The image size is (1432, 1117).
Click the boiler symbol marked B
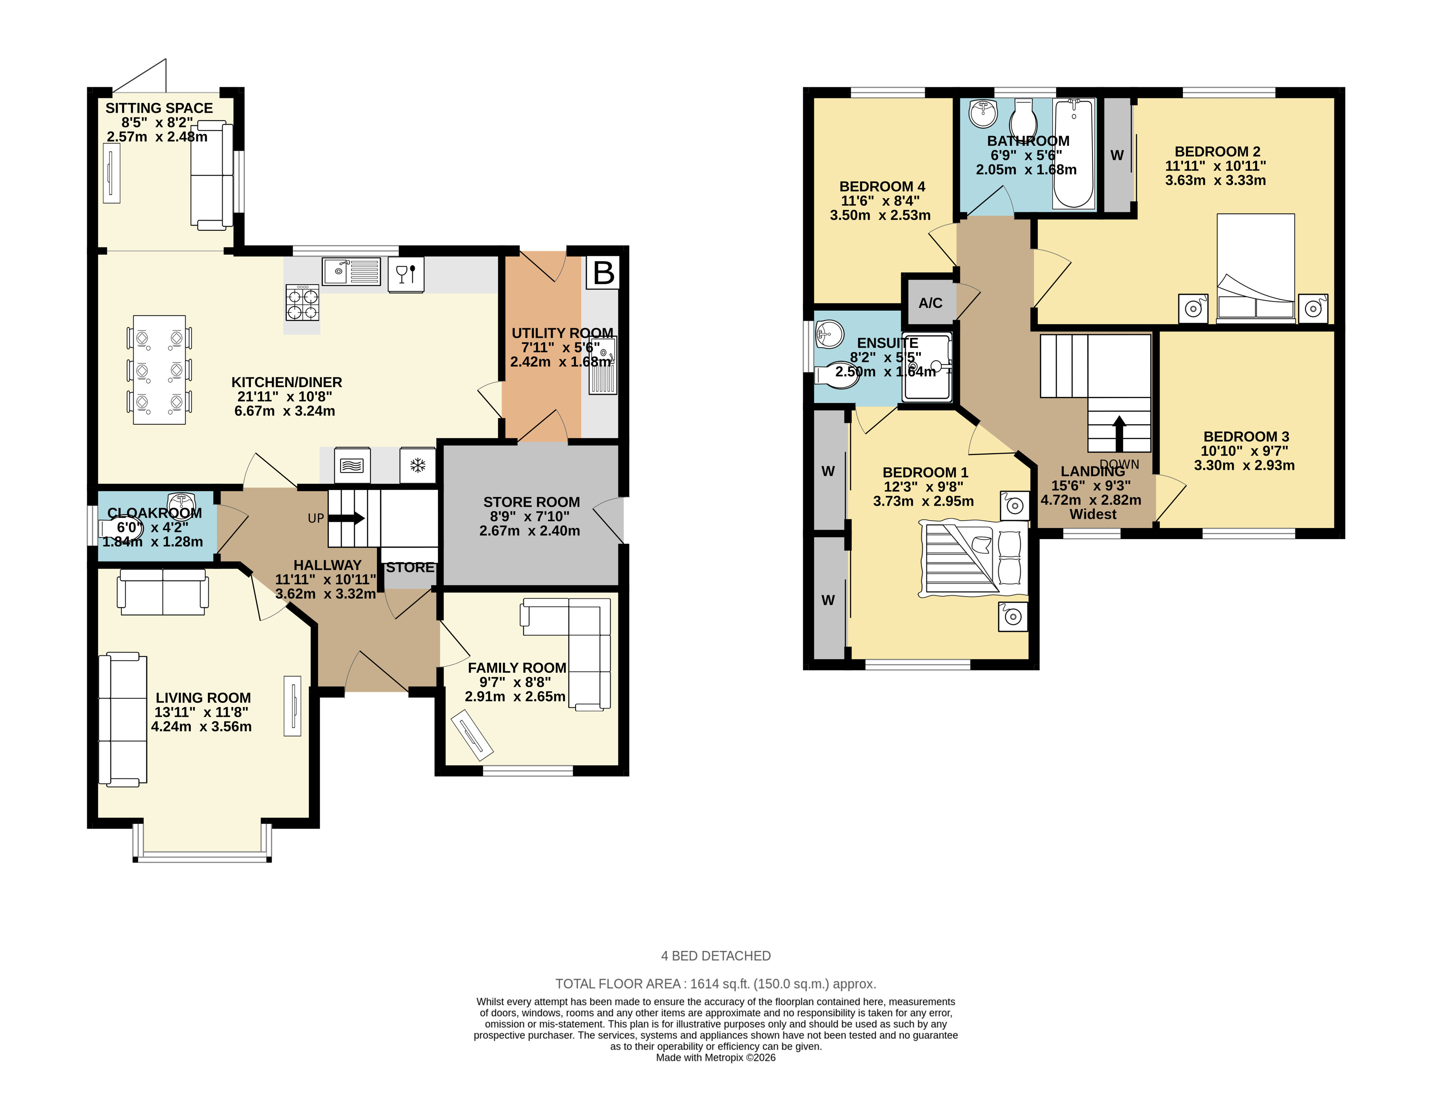click(603, 272)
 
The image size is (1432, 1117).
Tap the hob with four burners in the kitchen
click(302, 302)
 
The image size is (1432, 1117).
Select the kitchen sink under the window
click(351, 271)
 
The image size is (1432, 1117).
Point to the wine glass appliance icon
click(406, 273)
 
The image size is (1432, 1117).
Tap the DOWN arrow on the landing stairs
click(1119, 433)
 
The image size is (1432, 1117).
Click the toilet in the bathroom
click(1023, 118)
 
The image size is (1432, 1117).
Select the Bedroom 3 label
click(1246, 437)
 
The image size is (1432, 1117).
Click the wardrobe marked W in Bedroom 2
click(1117, 155)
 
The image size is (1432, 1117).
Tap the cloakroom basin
click(181, 502)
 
